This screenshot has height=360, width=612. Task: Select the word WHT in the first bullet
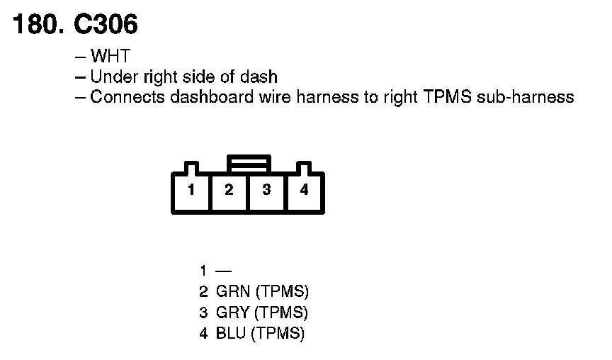click(x=110, y=56)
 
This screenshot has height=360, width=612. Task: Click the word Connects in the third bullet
click(x=127, y=97)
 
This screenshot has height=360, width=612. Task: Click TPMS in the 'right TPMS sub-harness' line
click(x=448, y=97)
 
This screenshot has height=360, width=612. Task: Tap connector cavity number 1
click(x=191, y=190)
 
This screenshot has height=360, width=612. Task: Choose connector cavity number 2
click(x=229, y=190)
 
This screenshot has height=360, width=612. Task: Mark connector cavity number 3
click(x=266, y=190)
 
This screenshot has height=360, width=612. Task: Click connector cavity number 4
click(x=304, y=190)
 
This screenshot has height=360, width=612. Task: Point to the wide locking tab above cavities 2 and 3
click(x=247, y=164)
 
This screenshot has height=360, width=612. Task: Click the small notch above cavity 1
click(x=191, y=169)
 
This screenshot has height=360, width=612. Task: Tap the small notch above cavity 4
click(x=304, y=169)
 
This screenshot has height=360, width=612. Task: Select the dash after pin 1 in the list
click(x=224, y=271)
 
